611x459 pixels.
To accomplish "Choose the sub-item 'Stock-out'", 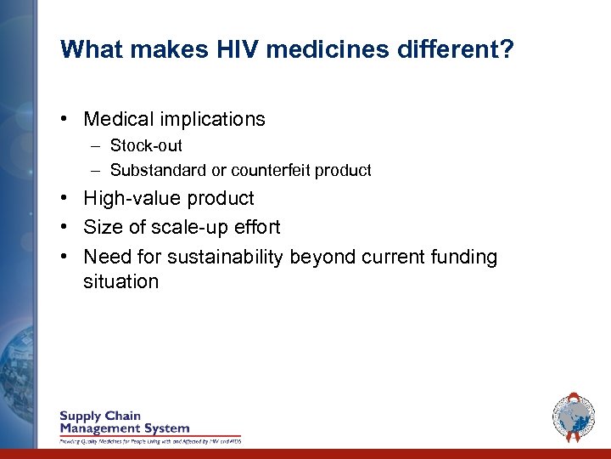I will pyautogui.click(x=146, y=145).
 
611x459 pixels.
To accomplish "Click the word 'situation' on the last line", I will pyautogui.click(x=121, y=281).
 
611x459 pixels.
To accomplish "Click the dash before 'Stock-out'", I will pyautogui.click(x=97, y=145).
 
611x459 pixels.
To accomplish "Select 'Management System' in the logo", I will pyautogui.click(x=124, y=428).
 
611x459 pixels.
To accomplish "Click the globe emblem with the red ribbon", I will pyautogui.click(x=574, y=417).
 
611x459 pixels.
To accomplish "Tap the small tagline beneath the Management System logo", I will pyautogui.click(x=149, y=441).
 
